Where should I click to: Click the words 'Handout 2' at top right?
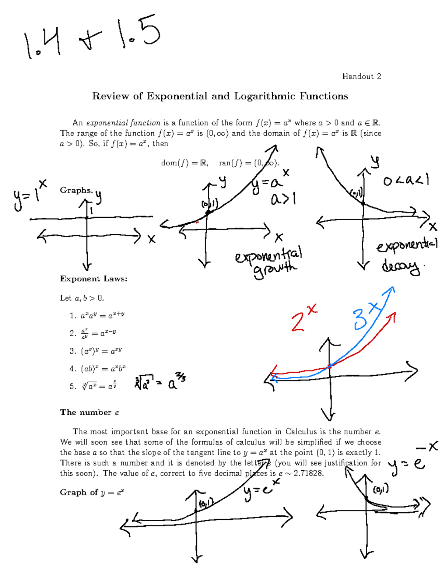point(361,77)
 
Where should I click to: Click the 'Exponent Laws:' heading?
point(94,279)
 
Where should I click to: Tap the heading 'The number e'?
point(90,413)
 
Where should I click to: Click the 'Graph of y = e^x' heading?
point(92,492)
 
